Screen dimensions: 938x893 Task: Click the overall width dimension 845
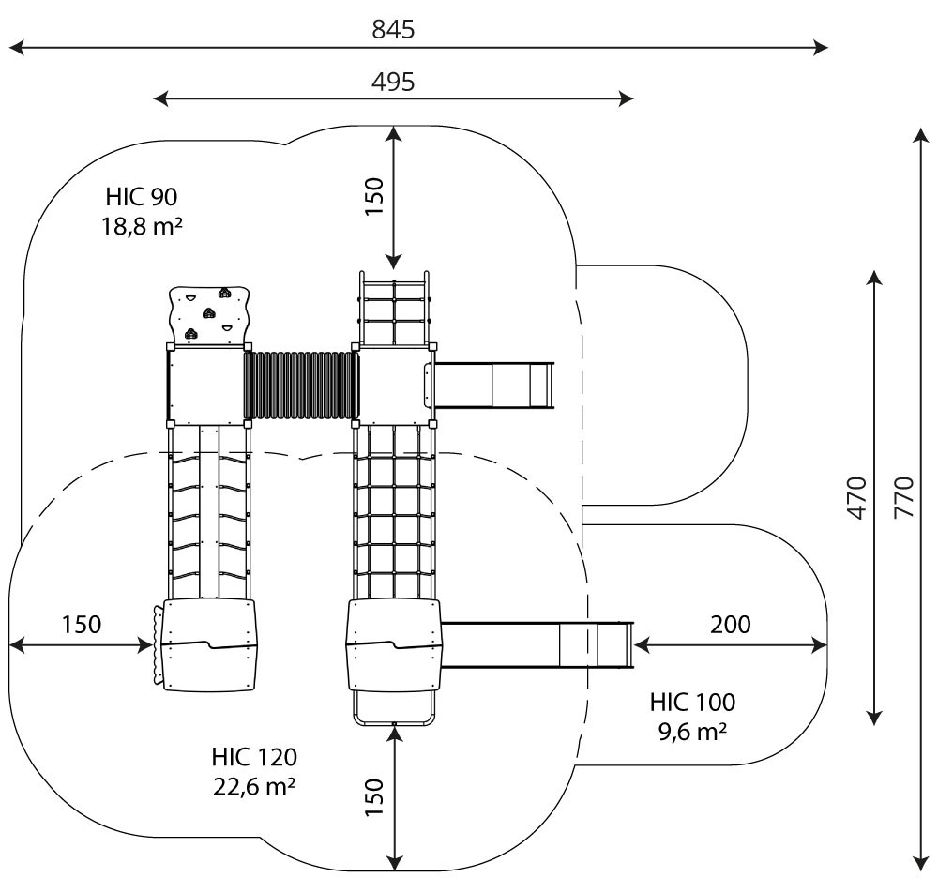(393, 29)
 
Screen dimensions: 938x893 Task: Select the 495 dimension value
(393, 82)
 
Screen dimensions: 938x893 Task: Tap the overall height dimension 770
(904, 497)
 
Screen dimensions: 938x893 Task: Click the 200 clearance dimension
(731, 625)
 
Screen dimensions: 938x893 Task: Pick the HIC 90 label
(142, 197)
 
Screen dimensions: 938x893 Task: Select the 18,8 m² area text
(142, 227)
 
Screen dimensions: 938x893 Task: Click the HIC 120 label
(254, 757)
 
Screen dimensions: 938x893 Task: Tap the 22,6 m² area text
(254, 786)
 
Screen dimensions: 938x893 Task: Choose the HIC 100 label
(693, 703)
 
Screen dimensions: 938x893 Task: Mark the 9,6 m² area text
(693, 732)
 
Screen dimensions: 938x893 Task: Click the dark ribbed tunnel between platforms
(301, 386)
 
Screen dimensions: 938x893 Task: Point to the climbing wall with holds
(209, 314)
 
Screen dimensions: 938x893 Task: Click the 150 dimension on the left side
(82, 625)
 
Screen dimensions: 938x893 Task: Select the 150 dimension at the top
(374, 197)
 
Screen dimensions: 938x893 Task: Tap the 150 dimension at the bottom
(374, 797)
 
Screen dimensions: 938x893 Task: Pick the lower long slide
(537, 644)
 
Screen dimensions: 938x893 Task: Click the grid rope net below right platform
(394, 513)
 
